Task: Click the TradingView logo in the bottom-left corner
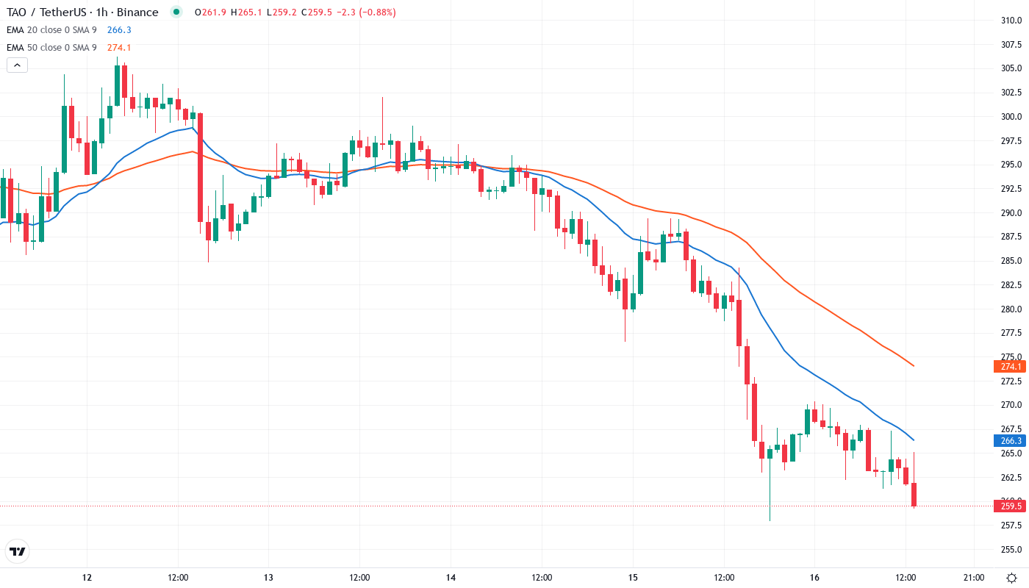click(x=17, y=551)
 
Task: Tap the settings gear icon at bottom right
click(x=1012, y=578)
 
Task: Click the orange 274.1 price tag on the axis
click(x=1011, y=366)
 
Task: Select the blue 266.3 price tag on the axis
click(x=1011, y=441)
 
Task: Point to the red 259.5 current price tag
click(x=1011, y=506)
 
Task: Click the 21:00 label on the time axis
click(x=974, y=578)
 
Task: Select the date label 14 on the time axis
click(x=451, y=578)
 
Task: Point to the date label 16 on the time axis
click(x=814, y=578)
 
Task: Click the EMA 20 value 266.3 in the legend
click(x=119, y=30)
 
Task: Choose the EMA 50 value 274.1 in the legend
click(x=119, y=48)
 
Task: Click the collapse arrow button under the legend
click(x=17, y=65)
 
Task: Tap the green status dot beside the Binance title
click(x=176, y=12)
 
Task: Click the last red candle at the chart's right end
click(x=914, y=495)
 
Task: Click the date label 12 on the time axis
click(x=87, y=578)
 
